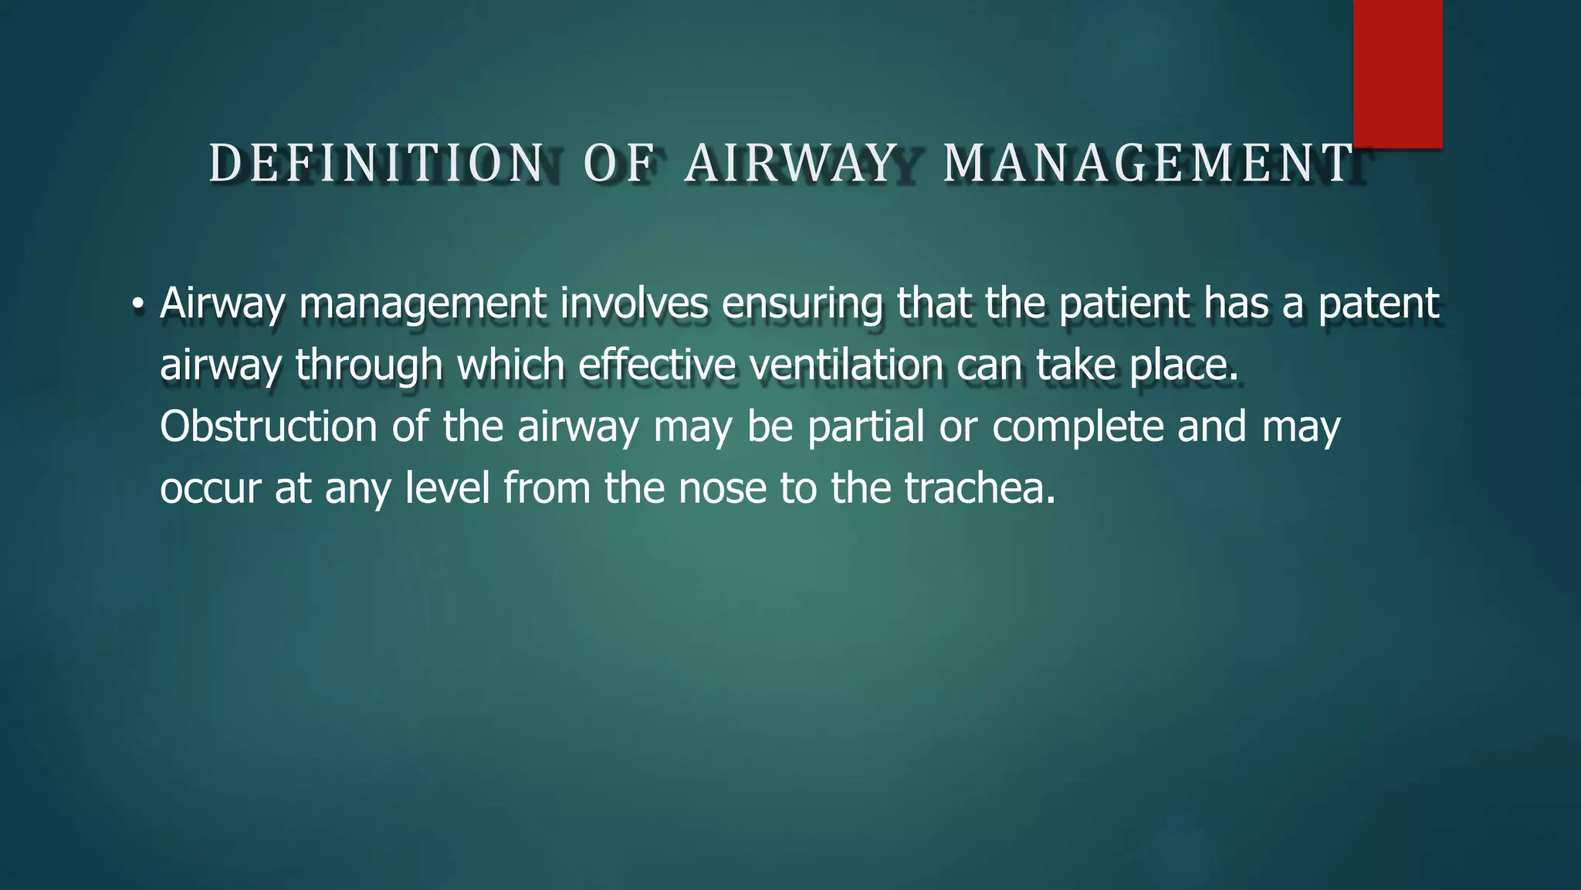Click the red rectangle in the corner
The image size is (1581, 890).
tap(1397, 74)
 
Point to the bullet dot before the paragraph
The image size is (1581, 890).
tap(137, 304)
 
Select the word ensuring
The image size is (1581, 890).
tap(802, 304)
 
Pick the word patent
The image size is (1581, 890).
tap(1378, 304)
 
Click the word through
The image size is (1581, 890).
tap(369, 366)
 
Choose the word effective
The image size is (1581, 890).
tap(657, 365)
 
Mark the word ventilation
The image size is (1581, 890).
tap(846, 365)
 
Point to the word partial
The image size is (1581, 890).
tap(865, 428)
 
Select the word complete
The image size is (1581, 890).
tap(1078, 428)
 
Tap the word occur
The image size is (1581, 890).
tap(210, 489)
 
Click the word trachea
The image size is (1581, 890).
tap(980, 488)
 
